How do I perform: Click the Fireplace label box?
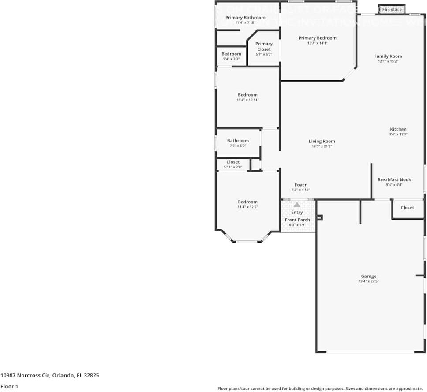392,9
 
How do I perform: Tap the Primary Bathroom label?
245,18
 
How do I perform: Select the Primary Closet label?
264,46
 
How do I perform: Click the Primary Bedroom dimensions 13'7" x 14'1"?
317,43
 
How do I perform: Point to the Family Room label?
388,56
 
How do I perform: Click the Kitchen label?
398,129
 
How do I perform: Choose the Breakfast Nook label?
394,179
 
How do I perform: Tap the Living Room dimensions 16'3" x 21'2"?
322,146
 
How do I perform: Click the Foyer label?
300,185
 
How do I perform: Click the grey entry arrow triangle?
297,205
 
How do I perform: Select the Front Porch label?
297,220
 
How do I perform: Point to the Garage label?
368,276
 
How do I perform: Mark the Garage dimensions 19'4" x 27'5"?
368,281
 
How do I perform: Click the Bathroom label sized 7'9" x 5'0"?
238,141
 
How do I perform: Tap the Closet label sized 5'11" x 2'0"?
233,162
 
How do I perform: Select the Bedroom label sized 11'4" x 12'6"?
247,202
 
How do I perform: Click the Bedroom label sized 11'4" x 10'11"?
247,95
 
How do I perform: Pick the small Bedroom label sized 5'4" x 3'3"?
231,54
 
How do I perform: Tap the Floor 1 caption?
9,386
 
